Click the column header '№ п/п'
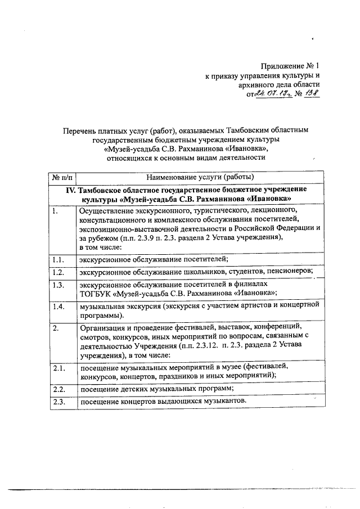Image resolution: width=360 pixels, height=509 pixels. [62, 178]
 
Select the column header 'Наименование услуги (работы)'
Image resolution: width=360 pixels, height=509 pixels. [199, 178]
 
